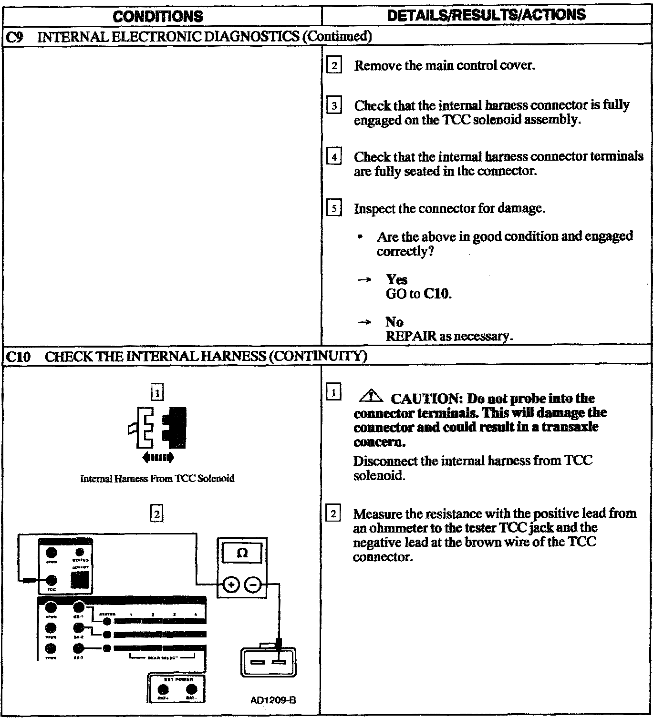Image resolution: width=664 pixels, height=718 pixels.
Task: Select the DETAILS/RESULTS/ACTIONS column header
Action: [487, 15]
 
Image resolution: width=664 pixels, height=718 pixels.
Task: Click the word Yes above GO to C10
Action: [396, 279]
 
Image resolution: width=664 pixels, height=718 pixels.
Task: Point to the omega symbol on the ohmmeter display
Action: [242, 553]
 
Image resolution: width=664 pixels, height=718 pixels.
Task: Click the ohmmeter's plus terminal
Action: [231, 584]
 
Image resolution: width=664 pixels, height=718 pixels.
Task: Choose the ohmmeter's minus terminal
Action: [253, 584]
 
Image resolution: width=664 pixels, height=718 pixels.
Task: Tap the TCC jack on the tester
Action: [52, 580]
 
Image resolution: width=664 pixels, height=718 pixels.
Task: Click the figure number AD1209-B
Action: [273, 700]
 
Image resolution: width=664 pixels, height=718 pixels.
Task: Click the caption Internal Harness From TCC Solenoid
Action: [157, 478]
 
